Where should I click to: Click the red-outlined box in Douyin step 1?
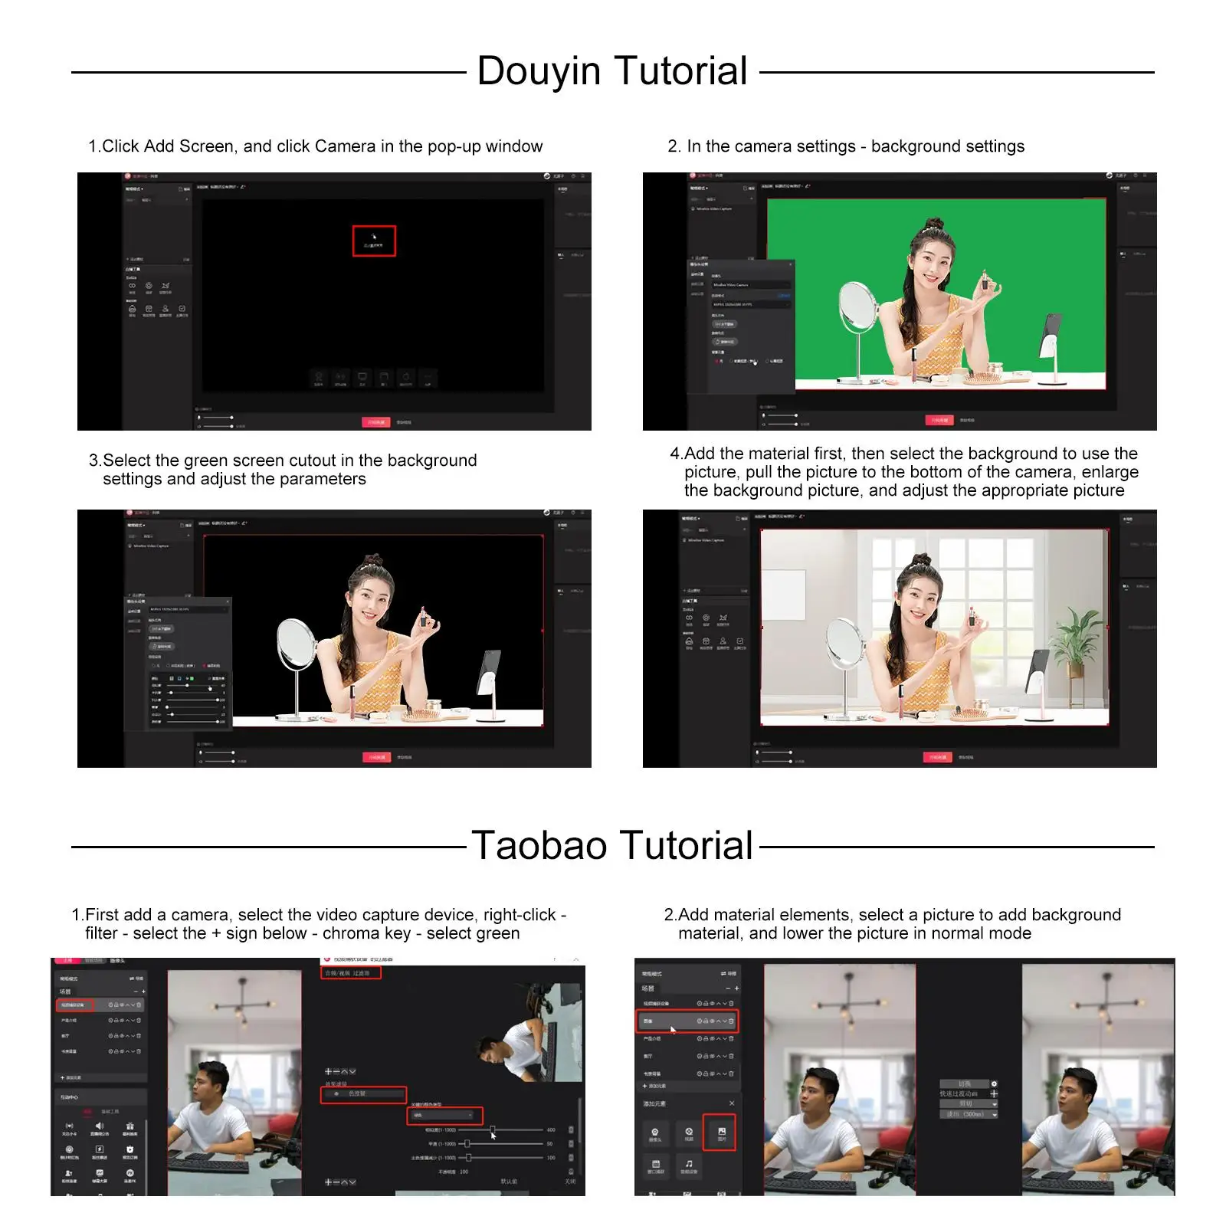pyautogui.click(x=373, y=241)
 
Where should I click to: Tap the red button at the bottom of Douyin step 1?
pyautogui.click(x=375, y=422)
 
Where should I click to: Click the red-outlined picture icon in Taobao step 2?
pyautogui.click(x=720, y=1133)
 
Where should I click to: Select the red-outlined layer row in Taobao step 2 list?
pyautogui.click(x=687, y=1021)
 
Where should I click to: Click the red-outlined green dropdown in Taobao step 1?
pyautogui.click(x=444, y=1115)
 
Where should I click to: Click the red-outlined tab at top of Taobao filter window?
pyautogui.click(x=350, y=973)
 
